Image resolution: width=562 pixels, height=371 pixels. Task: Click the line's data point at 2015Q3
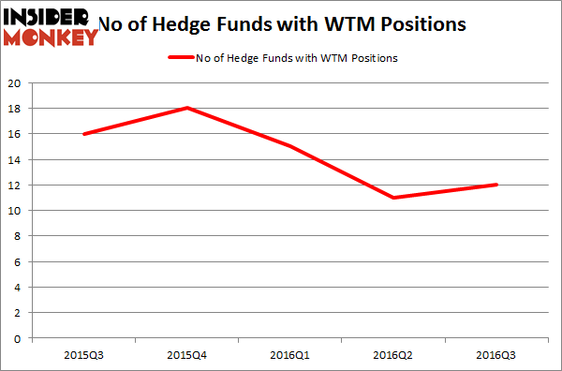point(85,134)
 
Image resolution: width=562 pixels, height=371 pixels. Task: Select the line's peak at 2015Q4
point(188,108)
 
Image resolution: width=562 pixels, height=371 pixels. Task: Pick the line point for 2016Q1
point(292,146)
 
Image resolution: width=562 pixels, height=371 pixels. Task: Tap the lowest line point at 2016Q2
point(395,198)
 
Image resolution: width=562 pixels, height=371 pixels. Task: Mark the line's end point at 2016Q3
point(498,185)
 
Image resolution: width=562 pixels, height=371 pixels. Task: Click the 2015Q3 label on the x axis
point(85,356)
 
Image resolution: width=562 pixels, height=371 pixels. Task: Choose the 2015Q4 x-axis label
point(188,356)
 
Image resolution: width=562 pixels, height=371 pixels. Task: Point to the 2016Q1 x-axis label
point(292,356)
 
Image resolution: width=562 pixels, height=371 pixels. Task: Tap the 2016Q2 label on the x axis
point(395,356)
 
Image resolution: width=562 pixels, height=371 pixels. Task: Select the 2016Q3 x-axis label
point(498,356)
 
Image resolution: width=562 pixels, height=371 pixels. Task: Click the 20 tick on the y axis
point(16,82)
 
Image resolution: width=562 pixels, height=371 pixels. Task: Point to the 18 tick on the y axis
point(16,108)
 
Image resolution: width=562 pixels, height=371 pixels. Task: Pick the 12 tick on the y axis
point(16,185)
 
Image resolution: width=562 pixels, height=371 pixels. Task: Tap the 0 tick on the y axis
point(19,338)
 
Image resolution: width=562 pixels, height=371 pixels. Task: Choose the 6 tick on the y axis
point(19,261)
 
